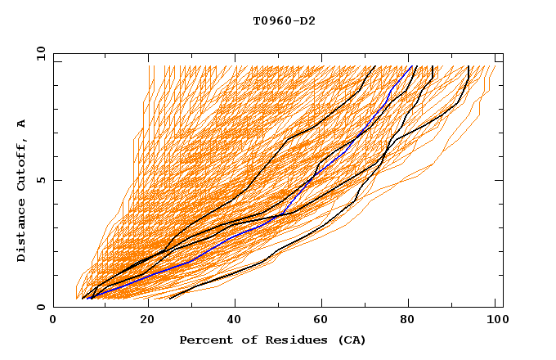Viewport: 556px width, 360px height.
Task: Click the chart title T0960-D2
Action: click(284, 20)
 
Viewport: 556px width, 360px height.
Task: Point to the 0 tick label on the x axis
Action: click(53, 322)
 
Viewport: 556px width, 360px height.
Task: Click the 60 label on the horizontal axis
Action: click(323, 322)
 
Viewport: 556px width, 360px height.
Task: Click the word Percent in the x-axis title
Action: click(204, 340)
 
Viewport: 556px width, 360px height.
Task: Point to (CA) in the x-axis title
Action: click(350, 340)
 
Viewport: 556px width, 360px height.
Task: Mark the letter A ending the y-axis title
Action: click(22, 124)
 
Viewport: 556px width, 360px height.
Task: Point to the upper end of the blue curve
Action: click(411, 67)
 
